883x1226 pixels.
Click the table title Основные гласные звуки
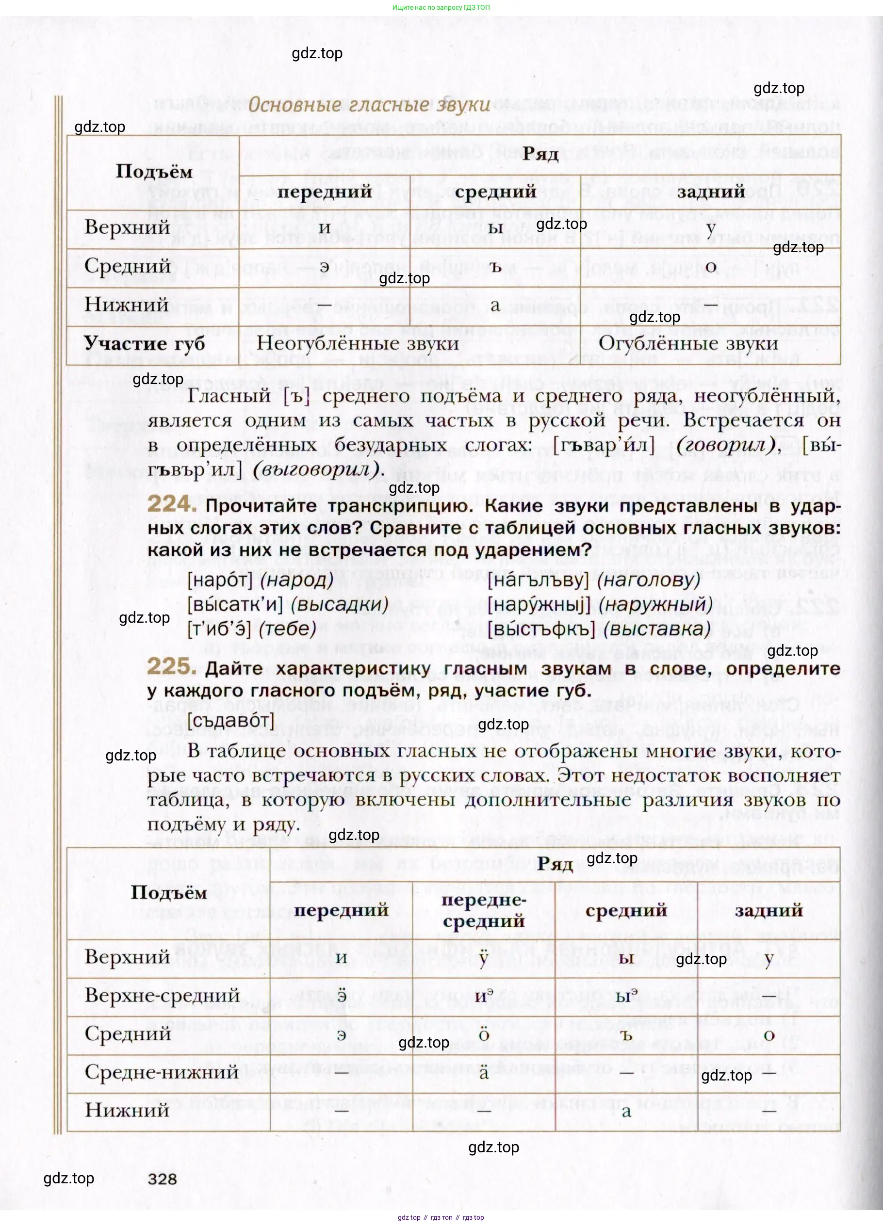(369, 104)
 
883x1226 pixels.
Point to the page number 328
(162, 1178)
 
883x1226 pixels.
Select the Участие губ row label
(145, 344)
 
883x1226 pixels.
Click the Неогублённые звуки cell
(358, 344)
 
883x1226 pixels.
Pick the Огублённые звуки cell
(688, 344)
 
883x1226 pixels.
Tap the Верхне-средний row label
(162, 995)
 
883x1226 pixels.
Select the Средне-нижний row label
(162, 1072)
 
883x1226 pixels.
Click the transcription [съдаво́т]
(231, 721)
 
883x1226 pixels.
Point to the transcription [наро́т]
(220, 581)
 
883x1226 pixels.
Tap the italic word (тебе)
(288, 629)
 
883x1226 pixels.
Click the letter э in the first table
(325, 267)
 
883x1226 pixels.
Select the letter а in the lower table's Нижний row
(626, 1112)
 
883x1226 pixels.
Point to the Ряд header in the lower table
(555, 864)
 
